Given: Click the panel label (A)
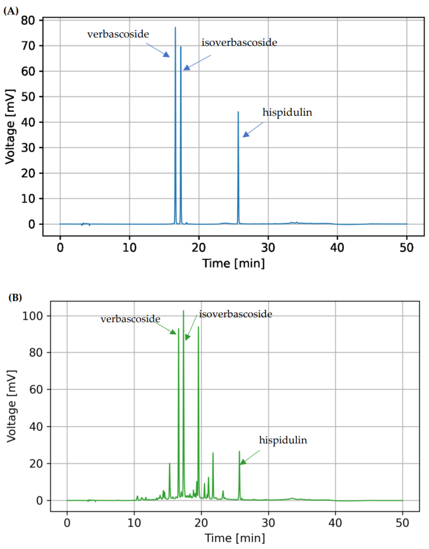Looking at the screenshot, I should coord(11,11).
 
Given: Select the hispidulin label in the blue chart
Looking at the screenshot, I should coord(287,112).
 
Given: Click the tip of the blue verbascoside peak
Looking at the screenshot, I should coord(175,27).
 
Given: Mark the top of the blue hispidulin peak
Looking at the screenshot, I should coord(238,112).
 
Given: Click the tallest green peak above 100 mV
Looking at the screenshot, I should coord(183,311).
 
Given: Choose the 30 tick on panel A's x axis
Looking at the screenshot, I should coord(268,248).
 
